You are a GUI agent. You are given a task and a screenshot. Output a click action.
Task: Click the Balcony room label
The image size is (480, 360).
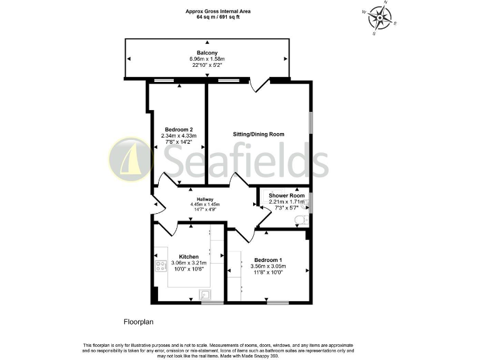coord(207,52)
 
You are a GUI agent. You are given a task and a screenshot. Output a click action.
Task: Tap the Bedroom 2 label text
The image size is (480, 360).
coord(179,129)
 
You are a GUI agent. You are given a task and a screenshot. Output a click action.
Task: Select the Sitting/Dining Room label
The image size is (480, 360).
coord(259,134)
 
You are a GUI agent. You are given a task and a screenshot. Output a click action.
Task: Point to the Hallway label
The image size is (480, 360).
coord(205,199)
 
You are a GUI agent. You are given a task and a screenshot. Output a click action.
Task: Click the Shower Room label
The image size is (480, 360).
coord(287,196)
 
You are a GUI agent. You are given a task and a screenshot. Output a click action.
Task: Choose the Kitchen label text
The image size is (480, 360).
coord(189,257)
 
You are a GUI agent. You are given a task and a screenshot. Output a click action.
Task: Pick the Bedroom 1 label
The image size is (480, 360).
coord(268,260)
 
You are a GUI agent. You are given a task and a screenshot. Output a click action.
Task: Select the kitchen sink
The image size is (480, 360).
coord(204,294)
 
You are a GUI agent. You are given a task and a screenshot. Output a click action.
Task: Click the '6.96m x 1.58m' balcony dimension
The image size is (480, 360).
coord(207,59)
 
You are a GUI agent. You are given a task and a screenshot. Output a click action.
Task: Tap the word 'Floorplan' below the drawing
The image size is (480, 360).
coord(138,322)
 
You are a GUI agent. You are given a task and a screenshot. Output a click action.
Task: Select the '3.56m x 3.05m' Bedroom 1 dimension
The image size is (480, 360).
coord(267,266)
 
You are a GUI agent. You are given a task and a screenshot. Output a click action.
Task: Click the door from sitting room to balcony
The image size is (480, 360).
coord(259,86)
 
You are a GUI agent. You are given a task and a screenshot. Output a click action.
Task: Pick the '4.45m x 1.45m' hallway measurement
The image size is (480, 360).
coord(205,204)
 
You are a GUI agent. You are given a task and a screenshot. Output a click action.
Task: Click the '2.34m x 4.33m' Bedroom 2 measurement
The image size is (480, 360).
coord(179,136)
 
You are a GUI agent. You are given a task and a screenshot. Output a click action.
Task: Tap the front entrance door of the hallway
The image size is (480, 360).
coord(156,206)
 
